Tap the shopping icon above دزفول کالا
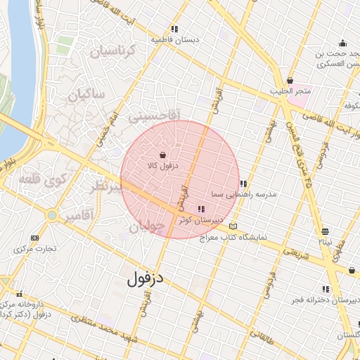point(163,155)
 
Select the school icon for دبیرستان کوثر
point(202,209)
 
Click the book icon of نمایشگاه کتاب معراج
point(233,226)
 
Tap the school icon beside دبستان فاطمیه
point(173,29)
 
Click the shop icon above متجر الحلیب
point(290,81)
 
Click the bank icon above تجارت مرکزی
point(34,238)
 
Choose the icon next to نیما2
point(325,231)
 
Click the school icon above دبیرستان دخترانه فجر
point(326,289)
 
